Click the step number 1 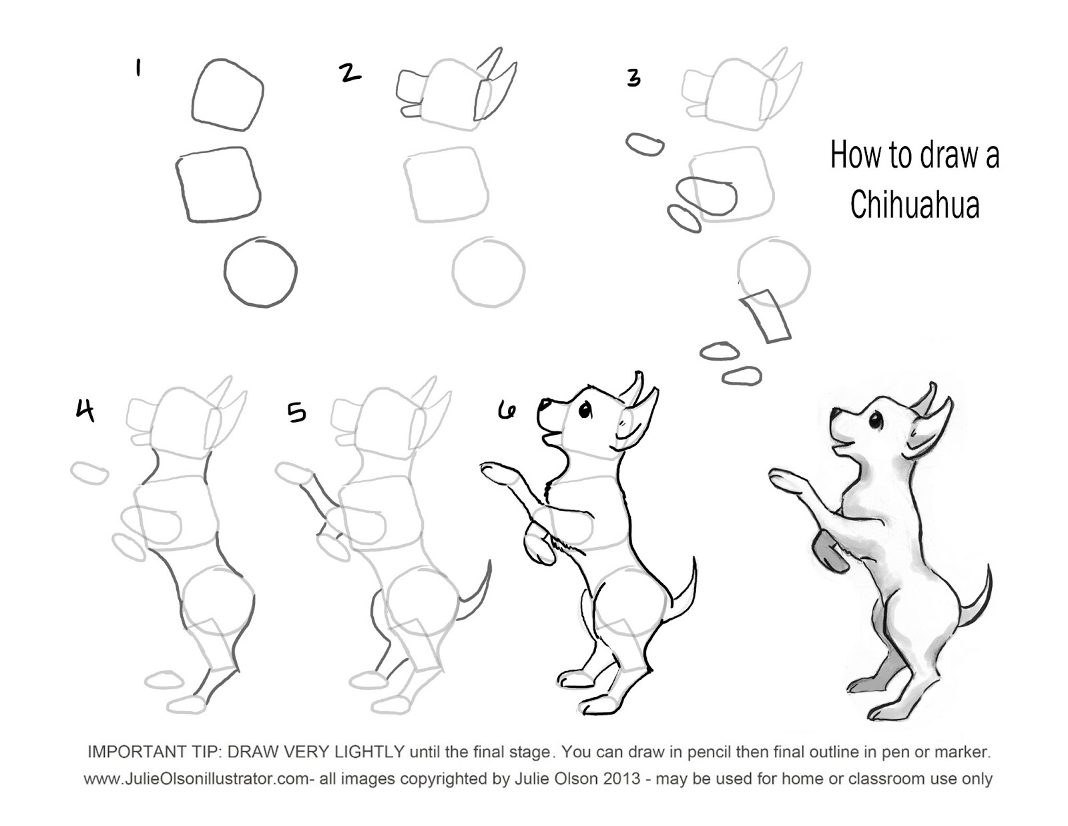click(139, 68)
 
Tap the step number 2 click(350, 73)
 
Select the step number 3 click(634, 78)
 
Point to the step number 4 click(85, 411)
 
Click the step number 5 click(296, 413)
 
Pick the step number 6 click(506, 409)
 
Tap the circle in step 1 click(260, 272)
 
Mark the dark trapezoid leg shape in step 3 click(765, 317)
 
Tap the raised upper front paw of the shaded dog click(786, 478)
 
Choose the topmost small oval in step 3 click(645, 144)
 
